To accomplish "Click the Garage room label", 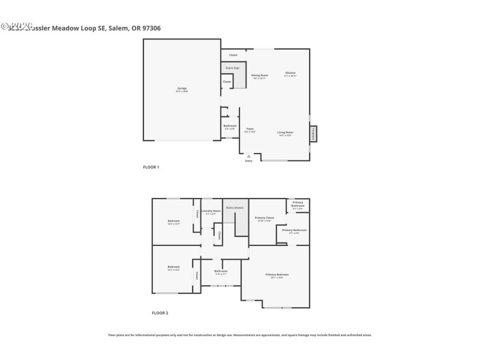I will pyautogui.click(x=182, y=89).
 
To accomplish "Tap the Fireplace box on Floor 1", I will pyautogui.click(x=313, y=134).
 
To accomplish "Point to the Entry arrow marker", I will pyautogui.click(x=249, y=156).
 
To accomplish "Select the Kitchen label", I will pyautogui.click(x=290, y=73).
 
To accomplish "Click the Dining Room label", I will pyautogui.click(x=259, y=76).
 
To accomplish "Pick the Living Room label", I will pyautogui.click(x=285, y=132).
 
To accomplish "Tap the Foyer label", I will pyautogui.click(x=250, y=129).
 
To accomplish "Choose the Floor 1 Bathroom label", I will pyautogui.click(x=230, y=126).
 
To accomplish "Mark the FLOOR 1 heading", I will pyautogui.click(x=151, y=167).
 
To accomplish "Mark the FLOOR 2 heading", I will pyautogui.click(x=160, y=313).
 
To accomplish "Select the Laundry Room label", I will pyautogui.click(x=211, y=211).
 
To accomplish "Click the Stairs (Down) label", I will pyautogui.click(x=235, y=208).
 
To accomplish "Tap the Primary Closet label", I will pyautogui.click(x=265, y=218).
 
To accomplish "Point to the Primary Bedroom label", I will pyautogui.click(x=277, y=275).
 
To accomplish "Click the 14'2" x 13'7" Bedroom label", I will pyautogui.click(x=173, y=221).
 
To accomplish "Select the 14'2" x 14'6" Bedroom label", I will pyautogui.click(x=173, y=267).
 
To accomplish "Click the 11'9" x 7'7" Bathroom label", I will pyautogui.click(x=221, y=271).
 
